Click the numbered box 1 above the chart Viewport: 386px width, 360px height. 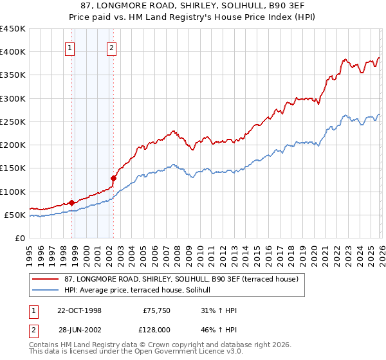[x=69, y=47]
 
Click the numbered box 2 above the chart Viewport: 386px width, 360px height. [x=111, y=47]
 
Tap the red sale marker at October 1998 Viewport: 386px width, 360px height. [x=71, y=203]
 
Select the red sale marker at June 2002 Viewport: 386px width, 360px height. [x=113, y=178]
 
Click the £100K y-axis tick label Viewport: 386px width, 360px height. [x=13, y=192]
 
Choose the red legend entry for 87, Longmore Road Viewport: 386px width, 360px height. [x=181, y=280]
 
